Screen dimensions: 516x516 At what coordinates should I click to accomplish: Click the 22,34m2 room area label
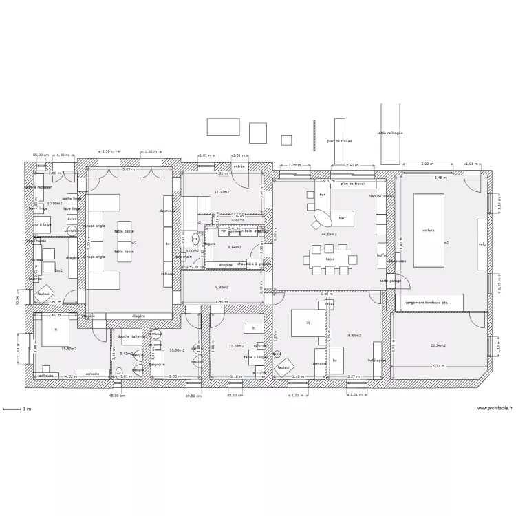438,345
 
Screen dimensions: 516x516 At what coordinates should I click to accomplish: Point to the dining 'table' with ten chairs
331,259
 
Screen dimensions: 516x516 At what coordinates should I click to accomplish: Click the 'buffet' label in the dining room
382,255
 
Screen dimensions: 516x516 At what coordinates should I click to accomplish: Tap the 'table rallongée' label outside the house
390,133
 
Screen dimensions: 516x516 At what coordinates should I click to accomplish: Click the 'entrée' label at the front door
239,166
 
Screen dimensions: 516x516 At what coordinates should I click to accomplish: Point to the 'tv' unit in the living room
167,244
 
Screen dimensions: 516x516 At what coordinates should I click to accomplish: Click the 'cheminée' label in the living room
167,211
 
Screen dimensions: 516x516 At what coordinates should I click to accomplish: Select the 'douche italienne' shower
131,336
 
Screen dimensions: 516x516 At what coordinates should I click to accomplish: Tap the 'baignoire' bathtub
157,364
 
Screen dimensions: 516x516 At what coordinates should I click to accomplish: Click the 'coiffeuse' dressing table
46,376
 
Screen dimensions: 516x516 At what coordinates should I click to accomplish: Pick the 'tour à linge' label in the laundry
42,224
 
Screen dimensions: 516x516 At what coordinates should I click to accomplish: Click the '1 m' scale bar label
27,409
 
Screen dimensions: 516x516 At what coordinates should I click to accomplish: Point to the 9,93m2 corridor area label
222,287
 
